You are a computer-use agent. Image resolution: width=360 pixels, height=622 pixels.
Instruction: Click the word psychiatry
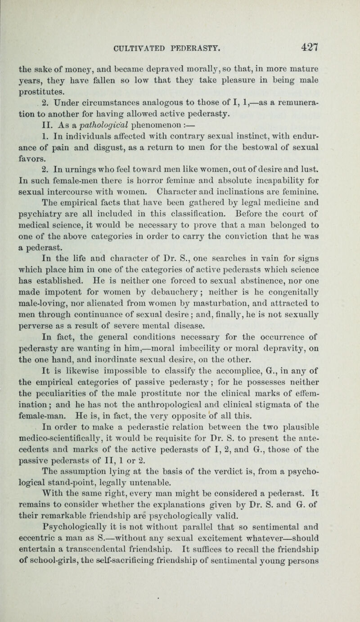pyautogui.click(x=46, y=233)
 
